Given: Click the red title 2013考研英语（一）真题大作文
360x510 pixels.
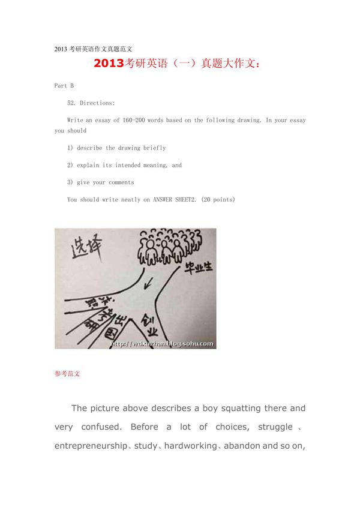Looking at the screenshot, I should [x=178, y=64].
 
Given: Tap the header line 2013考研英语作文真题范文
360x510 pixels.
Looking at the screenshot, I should [x=93, y=49].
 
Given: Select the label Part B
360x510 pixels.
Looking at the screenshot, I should [x=64, y=86].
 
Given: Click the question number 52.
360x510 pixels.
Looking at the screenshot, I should [x=72, y=103].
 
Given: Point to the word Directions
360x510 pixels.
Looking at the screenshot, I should [x=97, y=103].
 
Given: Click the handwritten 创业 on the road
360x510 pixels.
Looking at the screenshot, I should [x=148, y=327].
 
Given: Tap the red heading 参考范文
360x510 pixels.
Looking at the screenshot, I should [x=67, y=374].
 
